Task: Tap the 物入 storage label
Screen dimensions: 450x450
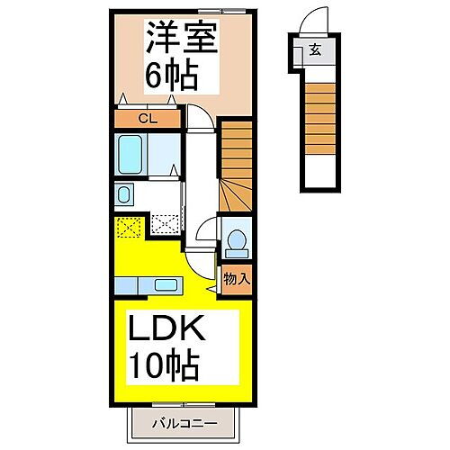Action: (237, 279)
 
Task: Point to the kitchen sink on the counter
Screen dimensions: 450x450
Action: (165, 286)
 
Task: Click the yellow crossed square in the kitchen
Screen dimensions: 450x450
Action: (127, 227)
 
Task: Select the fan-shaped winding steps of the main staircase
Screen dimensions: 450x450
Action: (233, 194)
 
